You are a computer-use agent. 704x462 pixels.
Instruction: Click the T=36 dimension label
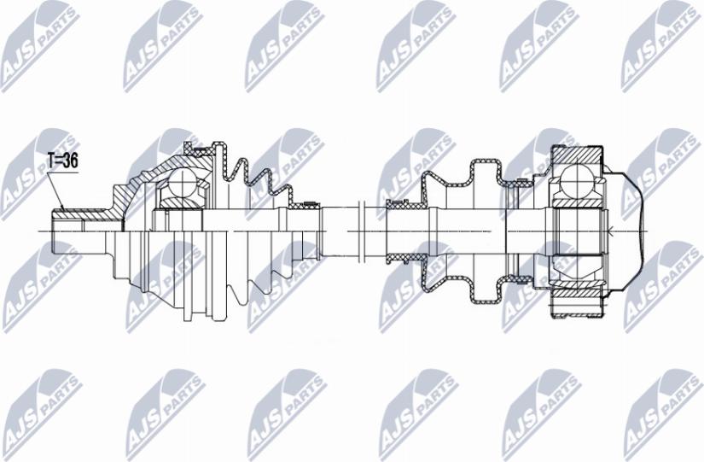[x=61, y=160]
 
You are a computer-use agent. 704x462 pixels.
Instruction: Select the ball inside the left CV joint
[x=182, y=182]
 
